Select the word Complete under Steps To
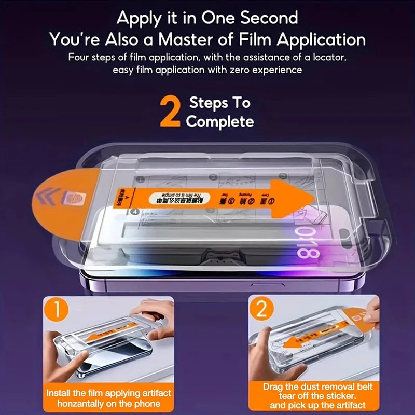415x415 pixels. [220, 122]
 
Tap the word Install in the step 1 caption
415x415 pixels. [59, 393]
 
